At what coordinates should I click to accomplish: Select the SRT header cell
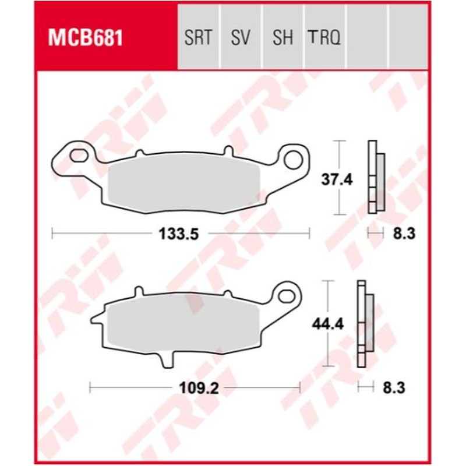[x=199, y=39]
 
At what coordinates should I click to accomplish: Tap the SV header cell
[x=240, y=39]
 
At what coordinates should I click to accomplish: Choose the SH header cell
[x=283, y=39]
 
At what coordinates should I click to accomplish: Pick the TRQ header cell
[x=324, y=39]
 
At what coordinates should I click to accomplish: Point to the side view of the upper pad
[x=375, y=178]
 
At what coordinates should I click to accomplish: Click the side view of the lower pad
[x=365, y=323]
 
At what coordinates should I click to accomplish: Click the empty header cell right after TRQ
[x=366, y=39]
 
